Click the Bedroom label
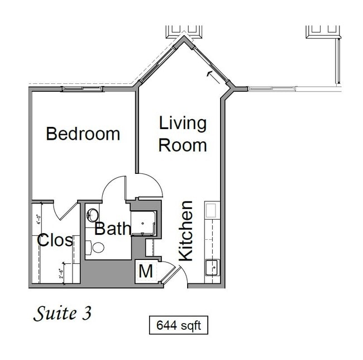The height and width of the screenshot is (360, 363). pyautogui.click(x=83, y=134)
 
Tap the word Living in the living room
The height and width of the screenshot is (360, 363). pyautogui.click(x=183, y=123)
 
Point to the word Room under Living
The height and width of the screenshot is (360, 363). pyautogui.click(x=183, y=145)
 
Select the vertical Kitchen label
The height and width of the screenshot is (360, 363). pyautogui.click(x=185, y=231)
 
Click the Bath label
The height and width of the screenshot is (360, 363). pyautogui.click(x=112, y=229)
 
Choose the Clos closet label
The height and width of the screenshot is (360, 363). pyautogui.click(x=55, y=240)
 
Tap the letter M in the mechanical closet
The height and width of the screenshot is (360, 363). pyautogui.click(x=146, y=272)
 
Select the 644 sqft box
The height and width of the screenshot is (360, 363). pyautogui.click(x=179, y=325)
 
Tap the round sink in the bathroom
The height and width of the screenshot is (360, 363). pyautogui.click(x=93, y=215)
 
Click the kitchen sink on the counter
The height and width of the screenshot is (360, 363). pyautogui.click(x=212, y=267)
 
